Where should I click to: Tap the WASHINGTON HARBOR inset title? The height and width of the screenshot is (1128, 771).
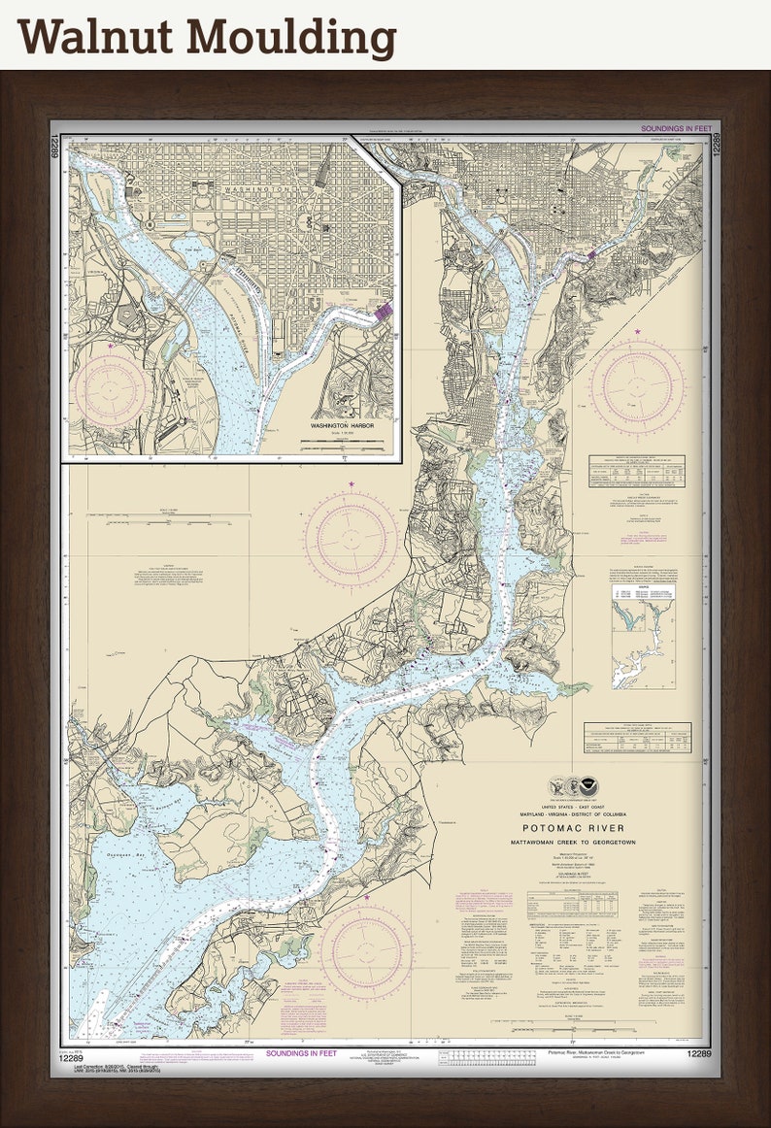tap(342, 426)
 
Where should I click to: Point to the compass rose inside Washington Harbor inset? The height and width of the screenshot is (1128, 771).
tap(110, 389)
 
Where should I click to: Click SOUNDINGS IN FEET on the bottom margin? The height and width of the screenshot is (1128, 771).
tap(303, 1053)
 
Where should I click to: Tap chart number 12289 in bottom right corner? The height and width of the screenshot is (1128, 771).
tap(699, 1054)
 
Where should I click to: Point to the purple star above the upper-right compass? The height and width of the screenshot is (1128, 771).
tap(638, 332)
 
